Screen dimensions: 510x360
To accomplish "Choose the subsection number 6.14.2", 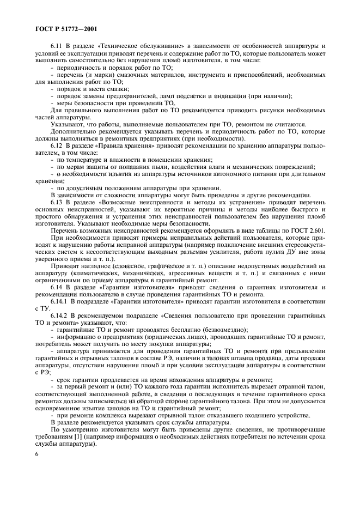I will point(60,315).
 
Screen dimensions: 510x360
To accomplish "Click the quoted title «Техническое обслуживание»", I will point(132,46).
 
